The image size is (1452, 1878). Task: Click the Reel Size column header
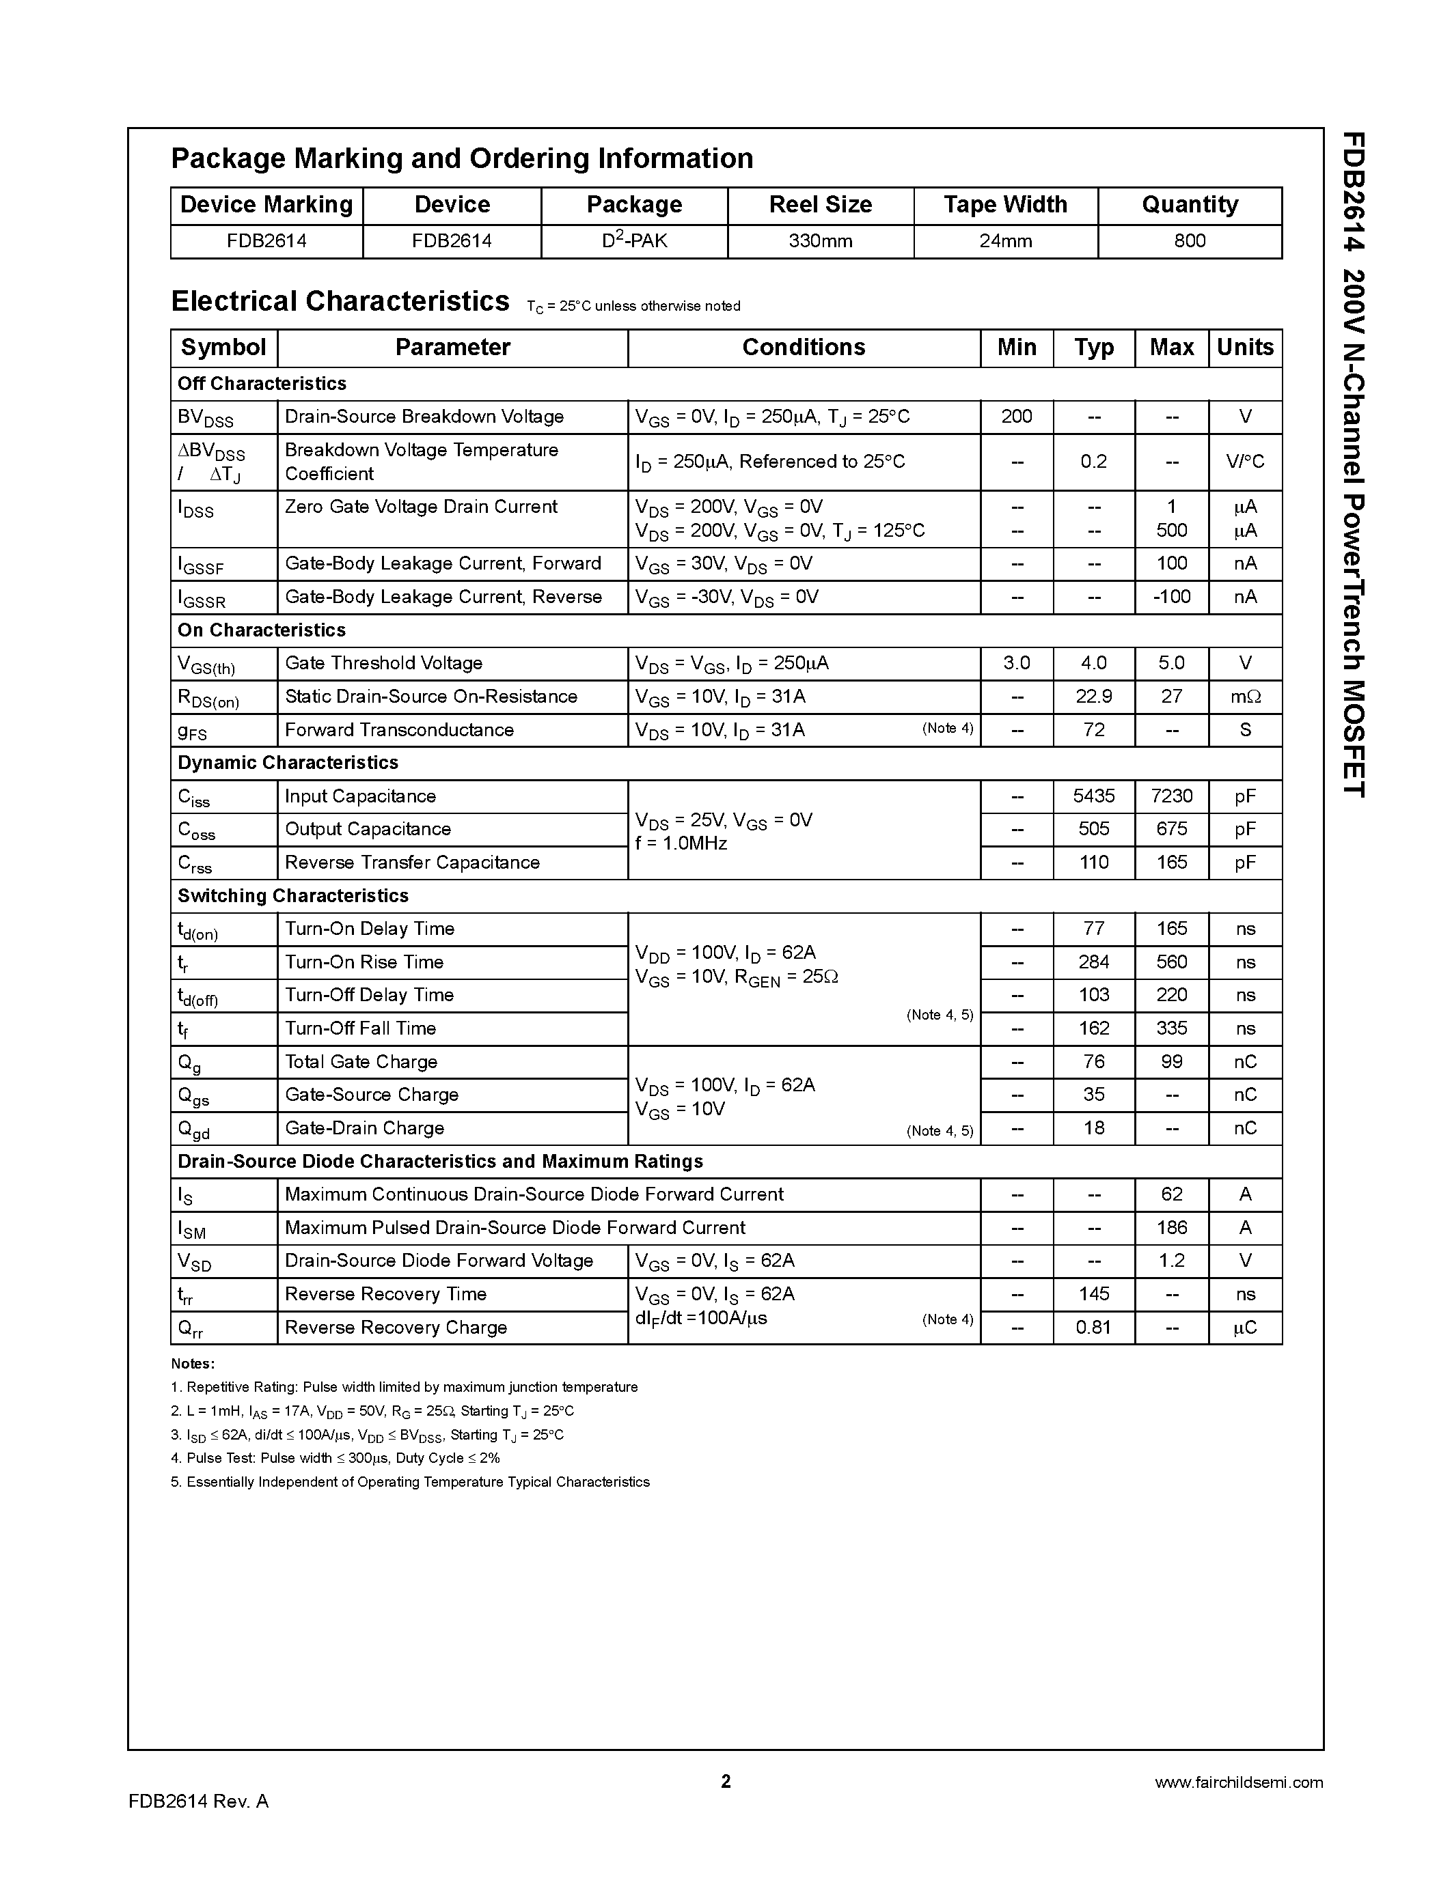click(x=820, y=205)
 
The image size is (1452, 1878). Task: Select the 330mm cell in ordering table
click(x=820, y=242)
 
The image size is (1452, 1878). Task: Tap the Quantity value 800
click(x=1189, y=242)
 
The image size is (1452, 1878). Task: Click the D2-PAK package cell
click(x=634, y=241)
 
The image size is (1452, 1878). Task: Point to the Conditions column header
click(x=804, y=348)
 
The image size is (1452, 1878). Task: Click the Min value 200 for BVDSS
click(x=1016, y=417)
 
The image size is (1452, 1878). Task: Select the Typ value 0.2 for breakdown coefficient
click(x=1093, y=462)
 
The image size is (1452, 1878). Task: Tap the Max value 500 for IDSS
click(x=1170, y=531)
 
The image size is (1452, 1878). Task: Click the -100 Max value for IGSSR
click(x=1170, y=597)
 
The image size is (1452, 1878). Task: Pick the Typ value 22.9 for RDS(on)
click(x=1093, y=697)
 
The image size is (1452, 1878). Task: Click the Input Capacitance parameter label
click(x=359, y=796)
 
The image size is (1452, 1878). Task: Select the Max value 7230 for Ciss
click(x=1170, y=796)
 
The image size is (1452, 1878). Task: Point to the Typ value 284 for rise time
click(x=1093, y=962)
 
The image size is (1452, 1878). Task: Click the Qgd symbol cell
click(x=193, y=1129)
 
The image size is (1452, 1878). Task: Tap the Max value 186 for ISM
click(x=1170, y=1228)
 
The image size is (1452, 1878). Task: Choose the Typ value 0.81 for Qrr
click(x=1093, y=1328)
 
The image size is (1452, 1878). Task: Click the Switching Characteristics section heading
click(x=292, y=896)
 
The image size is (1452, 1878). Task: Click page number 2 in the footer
click(x=725, y=1781)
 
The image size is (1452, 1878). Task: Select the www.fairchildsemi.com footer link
click(x=1238, y=1782)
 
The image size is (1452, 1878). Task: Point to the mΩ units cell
click(x=1245, y=697)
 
